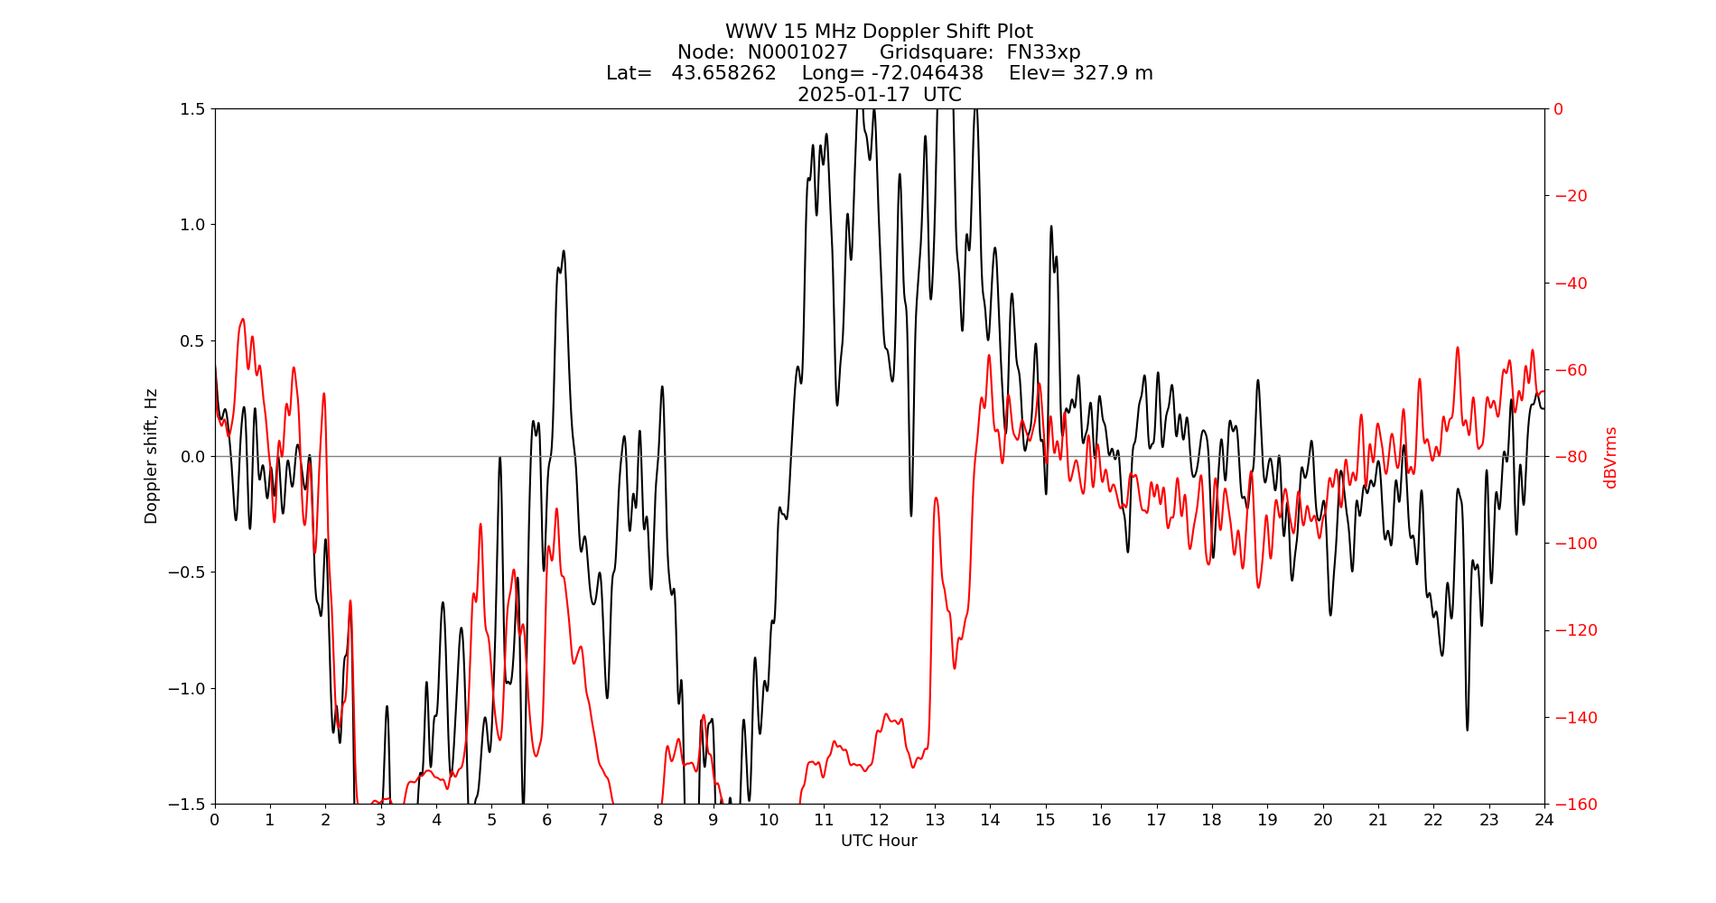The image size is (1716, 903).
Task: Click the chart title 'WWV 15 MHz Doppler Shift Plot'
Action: click(x=879, y=32)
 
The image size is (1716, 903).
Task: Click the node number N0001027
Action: click(x=797, y=52)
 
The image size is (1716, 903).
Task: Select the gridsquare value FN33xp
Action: click(x=1043, y=52)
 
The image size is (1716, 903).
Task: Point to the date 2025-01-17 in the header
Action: click(x=853, y=95)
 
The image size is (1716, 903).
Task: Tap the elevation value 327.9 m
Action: click(x=1112, y=73)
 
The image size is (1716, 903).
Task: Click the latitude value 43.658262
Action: click(x=723, y=73)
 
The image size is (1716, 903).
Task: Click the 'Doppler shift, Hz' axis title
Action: click(x=152, y=456)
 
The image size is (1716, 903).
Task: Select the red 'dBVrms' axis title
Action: click(x=1610, y=457)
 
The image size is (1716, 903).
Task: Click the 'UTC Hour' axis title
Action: click(x=879, y=841)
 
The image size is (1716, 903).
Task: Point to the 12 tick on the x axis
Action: click(x=879, y=820)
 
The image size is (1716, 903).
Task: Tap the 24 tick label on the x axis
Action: click(x=1543, y=820)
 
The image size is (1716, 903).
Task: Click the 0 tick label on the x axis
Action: click(x=215, y=820)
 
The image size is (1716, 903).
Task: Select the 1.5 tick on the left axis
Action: click(x=193, y=109)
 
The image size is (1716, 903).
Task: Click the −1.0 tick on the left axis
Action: click(x=188, y=688)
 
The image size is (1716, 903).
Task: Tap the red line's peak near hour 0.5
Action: click(x=243, y=319)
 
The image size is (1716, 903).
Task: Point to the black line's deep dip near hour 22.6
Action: click(x=1467, y=730)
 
